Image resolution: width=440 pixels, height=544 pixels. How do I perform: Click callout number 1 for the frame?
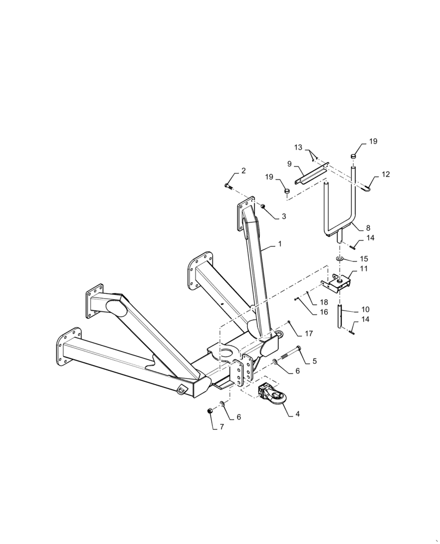tap(280, 244)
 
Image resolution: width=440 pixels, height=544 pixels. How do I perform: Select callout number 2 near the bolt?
tap(243, 171)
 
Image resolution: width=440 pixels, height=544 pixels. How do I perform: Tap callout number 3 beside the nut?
tap(283, 217)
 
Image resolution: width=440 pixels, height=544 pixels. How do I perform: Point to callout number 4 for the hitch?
tap(297, 413)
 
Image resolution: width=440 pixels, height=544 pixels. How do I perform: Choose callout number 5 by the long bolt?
tap(314, 361)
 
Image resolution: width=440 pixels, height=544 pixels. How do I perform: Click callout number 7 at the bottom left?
tap(222, 427)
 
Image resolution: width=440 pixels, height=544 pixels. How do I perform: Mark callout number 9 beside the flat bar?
tap(290, 163)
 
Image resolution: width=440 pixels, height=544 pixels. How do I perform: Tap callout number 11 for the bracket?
tap(364, 269)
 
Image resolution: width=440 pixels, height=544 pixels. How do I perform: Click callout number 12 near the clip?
tap(386, 175)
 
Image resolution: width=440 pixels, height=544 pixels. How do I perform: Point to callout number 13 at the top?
tap(298, 147)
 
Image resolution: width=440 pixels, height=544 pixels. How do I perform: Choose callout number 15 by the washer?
tap(364, 259)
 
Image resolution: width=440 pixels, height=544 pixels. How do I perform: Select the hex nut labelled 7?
tap(210, 411)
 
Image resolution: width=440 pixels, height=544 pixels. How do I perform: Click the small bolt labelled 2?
tap(229, 186)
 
